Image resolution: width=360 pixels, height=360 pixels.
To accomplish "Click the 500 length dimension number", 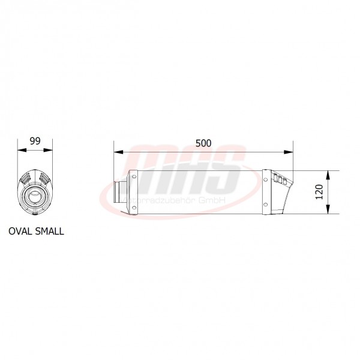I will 203,143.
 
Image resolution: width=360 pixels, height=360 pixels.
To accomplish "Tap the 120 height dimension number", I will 319,192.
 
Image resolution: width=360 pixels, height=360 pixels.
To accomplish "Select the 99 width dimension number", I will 35,142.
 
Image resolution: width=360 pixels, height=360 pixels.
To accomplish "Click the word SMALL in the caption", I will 49,230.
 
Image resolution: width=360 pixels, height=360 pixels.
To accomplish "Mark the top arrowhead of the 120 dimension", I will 328,175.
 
